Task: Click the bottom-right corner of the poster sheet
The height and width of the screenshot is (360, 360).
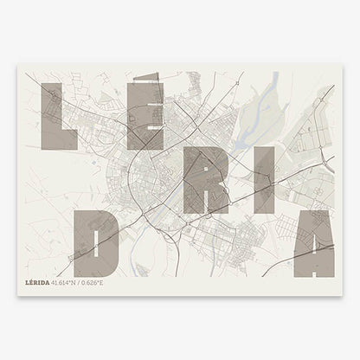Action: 342,295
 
